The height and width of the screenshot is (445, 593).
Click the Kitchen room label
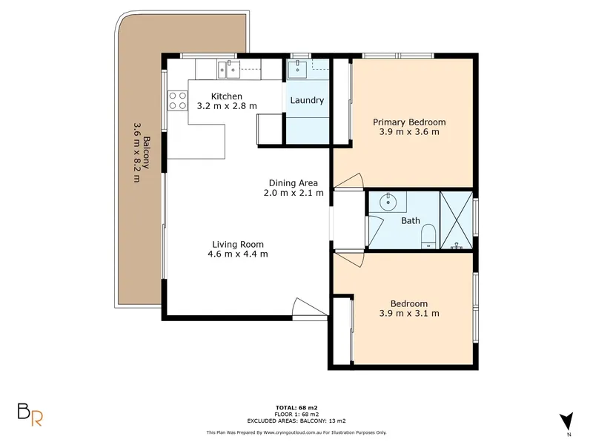coord(227,96)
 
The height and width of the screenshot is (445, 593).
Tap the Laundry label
coord(307,100)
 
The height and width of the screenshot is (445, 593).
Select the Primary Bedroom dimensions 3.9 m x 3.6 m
coord(409,132)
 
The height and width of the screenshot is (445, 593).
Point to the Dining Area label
coord(293,182)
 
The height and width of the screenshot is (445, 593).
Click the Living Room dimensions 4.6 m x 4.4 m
coord(238,254)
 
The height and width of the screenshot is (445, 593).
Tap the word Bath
coord(411,220)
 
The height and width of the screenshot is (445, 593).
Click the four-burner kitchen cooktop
coord(177,101)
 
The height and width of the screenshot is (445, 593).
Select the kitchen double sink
coord(228,70)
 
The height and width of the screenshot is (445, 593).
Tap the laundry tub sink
coord(297,69)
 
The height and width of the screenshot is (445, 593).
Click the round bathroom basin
coord(388,202)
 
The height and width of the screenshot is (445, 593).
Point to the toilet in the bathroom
coord(428,237)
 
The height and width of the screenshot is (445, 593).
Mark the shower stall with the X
coord(457,220)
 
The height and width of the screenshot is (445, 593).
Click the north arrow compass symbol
coord(567,421)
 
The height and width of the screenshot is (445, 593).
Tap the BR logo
coord(30,415)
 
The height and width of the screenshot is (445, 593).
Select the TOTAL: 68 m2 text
coord(296,407)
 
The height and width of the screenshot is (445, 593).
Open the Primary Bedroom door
coord(349,181)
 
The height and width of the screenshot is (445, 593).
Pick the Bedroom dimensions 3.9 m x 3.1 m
coord(409,313)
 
